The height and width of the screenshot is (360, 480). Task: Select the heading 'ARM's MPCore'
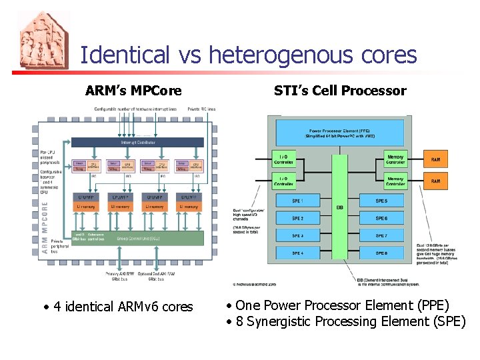point(133,91)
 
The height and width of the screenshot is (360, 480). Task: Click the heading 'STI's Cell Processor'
point(340,91)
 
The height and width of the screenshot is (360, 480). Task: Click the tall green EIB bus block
point(340,207)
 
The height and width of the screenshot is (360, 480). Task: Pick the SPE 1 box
point(297,201)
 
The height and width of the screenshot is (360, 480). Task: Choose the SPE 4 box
point(297,253)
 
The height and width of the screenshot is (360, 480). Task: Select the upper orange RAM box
point(435,160)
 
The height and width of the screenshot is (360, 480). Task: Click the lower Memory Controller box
point(395,181)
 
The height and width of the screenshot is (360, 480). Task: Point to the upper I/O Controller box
point(285,160)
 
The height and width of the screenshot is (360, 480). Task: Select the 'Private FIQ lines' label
point(202,109)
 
